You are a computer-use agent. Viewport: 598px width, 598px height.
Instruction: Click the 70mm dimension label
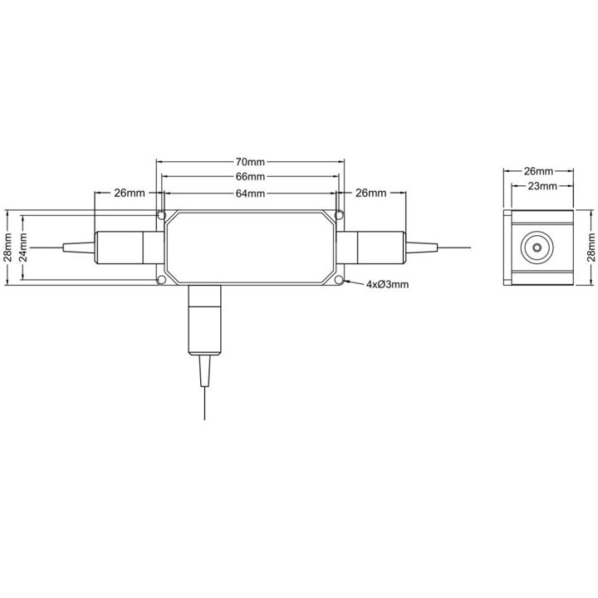click(x=250, y=162)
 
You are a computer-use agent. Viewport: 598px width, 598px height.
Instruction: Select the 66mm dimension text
click(x=250, y=177)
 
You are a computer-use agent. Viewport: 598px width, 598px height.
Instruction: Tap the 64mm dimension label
click(x=250, y=194)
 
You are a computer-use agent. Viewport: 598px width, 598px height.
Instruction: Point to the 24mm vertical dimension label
click(x=23, y=248)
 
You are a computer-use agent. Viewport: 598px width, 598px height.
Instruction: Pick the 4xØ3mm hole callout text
click(x=387, y=284)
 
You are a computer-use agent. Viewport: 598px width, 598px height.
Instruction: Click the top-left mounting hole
click(x=162, y=215)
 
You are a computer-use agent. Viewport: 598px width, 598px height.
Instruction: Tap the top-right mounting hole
click(x=339, y=215)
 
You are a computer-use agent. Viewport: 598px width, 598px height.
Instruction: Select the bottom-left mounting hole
click(x=162, y=281)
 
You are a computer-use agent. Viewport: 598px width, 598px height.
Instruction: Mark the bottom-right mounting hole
click(x=339, y=281)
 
